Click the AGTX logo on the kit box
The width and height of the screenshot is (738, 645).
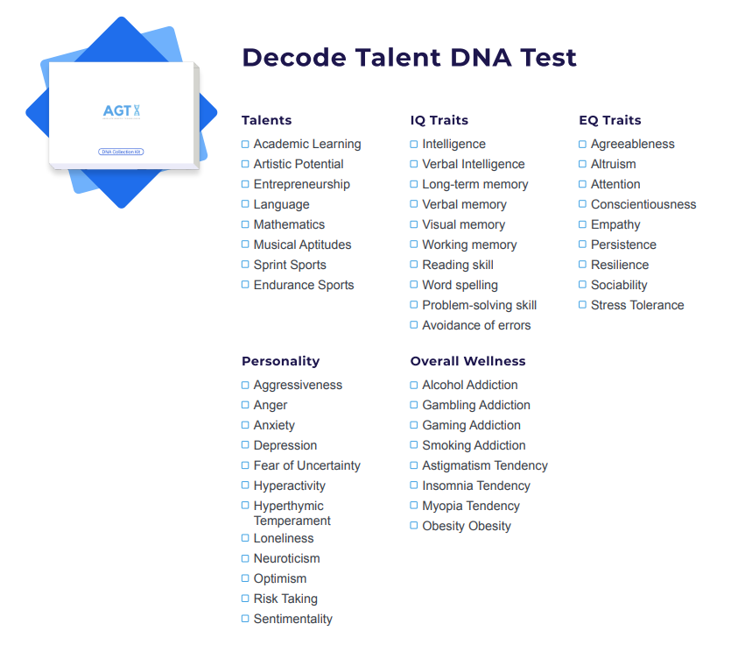122,111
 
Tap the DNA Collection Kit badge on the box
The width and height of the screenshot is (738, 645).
121,152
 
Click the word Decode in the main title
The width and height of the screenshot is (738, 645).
294,58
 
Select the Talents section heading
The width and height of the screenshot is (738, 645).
266,120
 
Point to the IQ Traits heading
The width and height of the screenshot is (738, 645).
439,120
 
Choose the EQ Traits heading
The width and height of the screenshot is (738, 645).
610,120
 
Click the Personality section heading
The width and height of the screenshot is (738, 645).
280,361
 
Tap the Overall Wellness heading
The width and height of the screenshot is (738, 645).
467,361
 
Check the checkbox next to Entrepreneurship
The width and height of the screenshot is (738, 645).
245,184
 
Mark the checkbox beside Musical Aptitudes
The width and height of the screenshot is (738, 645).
245,245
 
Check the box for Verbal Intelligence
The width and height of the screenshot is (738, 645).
414,164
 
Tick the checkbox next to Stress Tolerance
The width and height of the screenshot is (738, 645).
583,305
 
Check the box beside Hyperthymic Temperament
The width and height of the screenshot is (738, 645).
245,506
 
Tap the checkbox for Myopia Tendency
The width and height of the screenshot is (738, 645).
414,506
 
